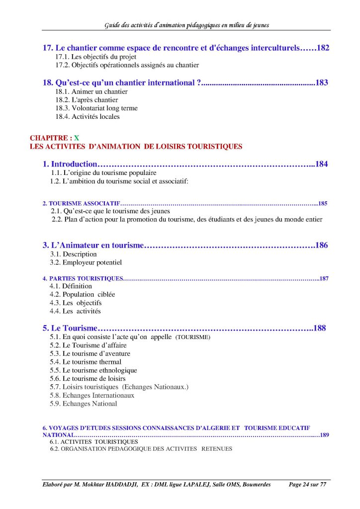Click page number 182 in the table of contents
[323, 48]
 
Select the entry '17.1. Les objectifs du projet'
[95, 57]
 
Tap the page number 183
[321, 83]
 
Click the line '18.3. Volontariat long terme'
[96, 108]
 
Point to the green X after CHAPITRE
[77, 138]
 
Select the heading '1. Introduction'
[70, 164]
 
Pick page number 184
[321, 164]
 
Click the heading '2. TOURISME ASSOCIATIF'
[81, 204]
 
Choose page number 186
[321, 245]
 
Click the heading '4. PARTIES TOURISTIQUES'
[83, 279]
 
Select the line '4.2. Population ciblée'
[82, 294]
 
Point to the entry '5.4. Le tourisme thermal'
[86, 362]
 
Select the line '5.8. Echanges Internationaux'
[92, 396]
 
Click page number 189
[324, 435]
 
